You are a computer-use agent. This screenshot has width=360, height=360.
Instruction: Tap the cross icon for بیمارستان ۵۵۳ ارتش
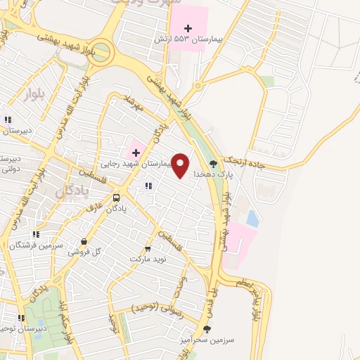point(188,27)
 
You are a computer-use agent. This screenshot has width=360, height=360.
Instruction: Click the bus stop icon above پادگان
point(117,198)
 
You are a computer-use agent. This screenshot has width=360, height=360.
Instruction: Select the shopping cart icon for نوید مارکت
point(148,249)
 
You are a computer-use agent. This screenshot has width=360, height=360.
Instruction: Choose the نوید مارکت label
point(147,259)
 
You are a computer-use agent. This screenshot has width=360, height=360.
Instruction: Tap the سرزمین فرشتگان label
point(37,244)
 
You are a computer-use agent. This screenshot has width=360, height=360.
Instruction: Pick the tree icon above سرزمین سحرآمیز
point(207,328)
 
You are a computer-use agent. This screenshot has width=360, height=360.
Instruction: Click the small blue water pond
point(252,219)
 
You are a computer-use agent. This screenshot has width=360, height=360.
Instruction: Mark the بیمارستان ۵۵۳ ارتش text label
point(188,39)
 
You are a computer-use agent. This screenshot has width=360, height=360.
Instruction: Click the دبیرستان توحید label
point(13,328)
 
